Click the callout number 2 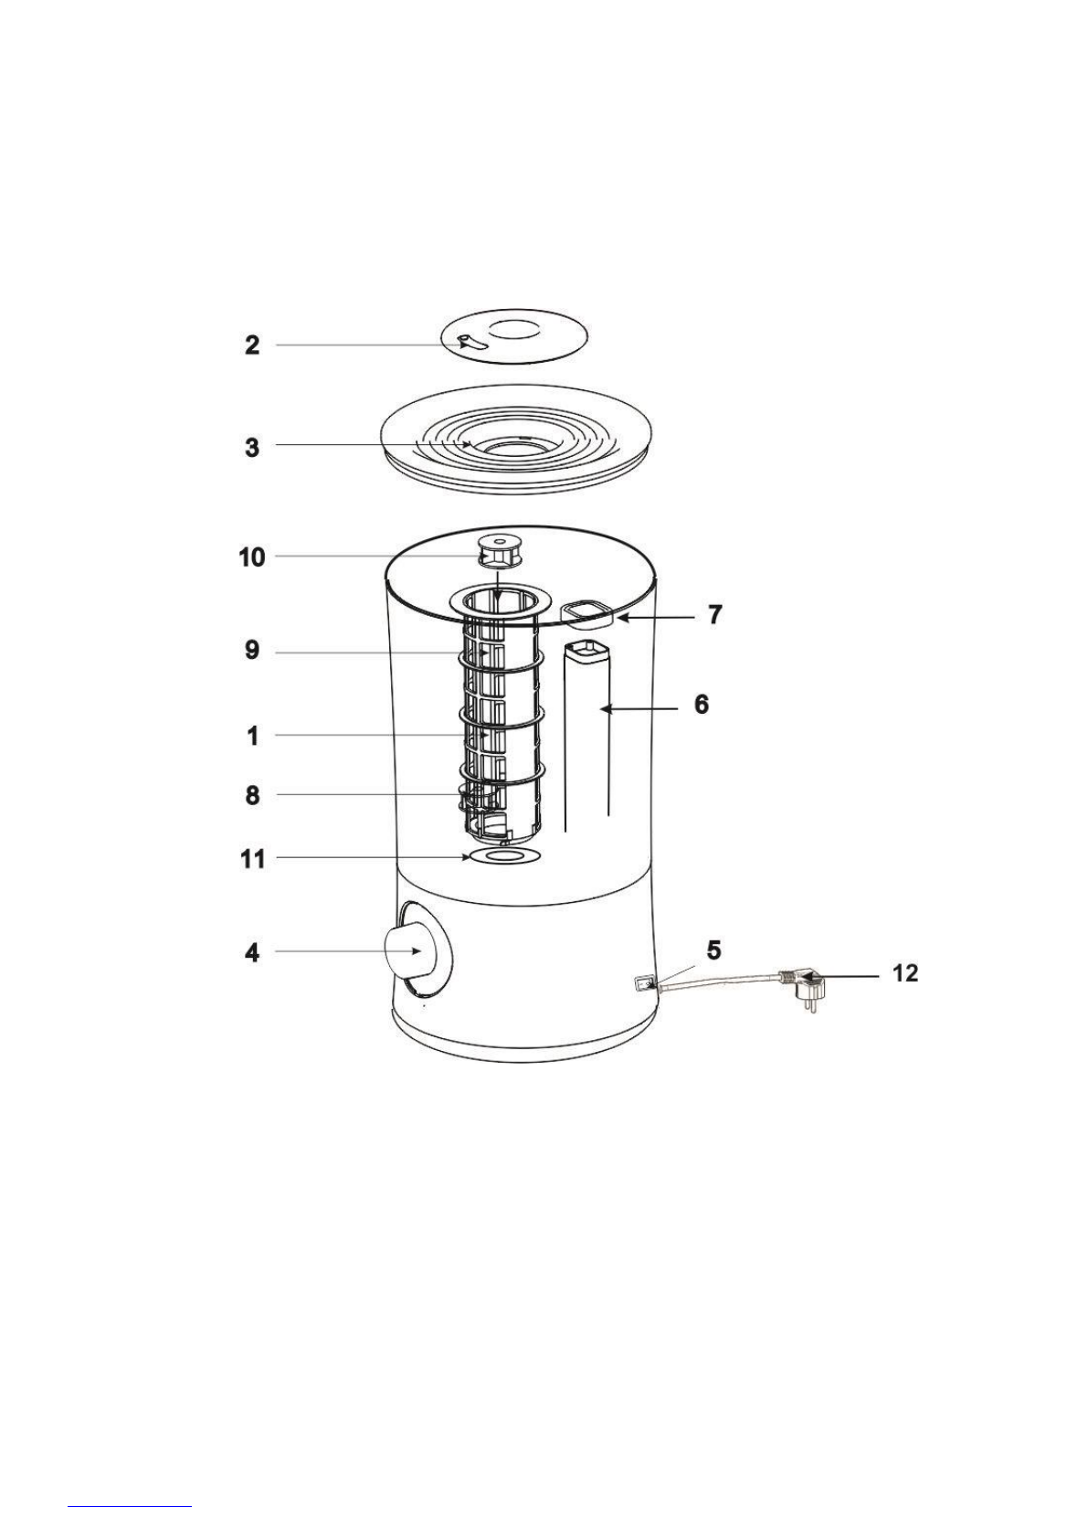[x=253, y=345]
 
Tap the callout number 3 [x=253, y=448]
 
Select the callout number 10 [x=252, y=557]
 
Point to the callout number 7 [x=715, y=614]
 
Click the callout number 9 [x=253, y=650]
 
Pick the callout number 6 [x=702, y=705]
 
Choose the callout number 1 [x=253, y=736]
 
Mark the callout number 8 [x=253, y=796]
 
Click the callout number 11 [x=252, y=858]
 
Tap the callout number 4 [x=253, y=953]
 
